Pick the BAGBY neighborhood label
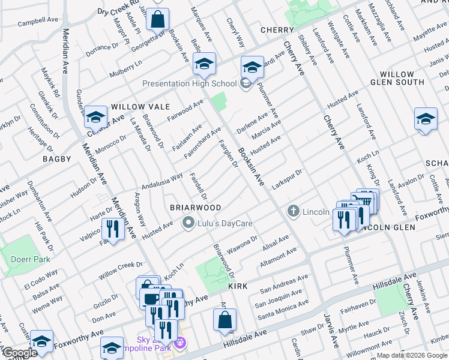point(56,159)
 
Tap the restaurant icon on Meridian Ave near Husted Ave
point(112,228)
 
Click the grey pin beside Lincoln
point(293,211)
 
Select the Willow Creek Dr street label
point(121,268)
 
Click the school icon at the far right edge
point(425,119)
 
